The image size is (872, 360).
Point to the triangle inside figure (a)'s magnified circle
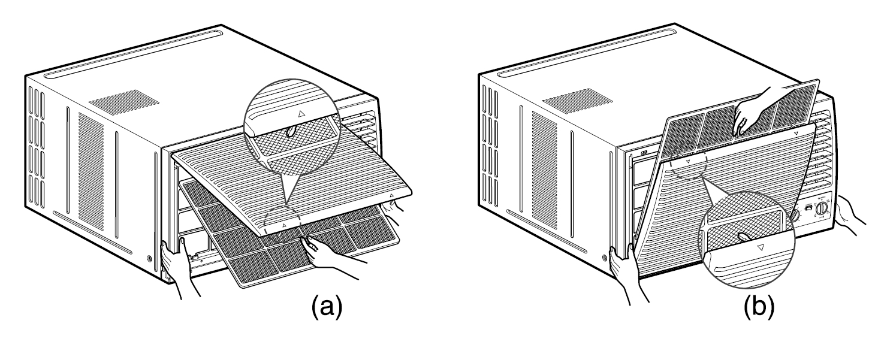(x=301, y=112)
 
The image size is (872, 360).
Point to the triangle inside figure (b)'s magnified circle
(x=760, y=247)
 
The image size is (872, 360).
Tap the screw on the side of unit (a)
(x=149, y=259)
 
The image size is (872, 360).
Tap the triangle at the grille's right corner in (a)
(x=391, y=195)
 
